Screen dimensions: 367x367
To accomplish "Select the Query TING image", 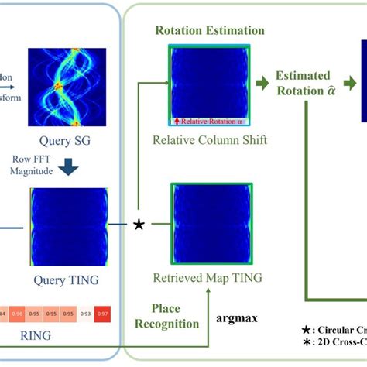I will (x=67, y=225).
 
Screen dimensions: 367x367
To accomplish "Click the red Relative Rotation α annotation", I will (x=209, y=122).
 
